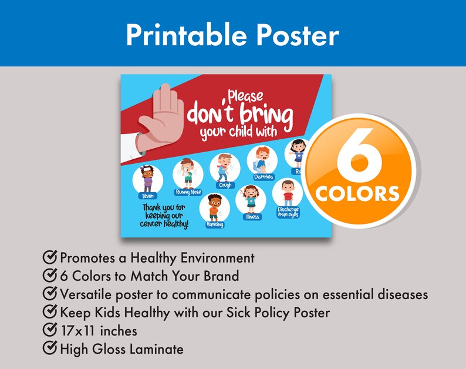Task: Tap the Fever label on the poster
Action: click(146, 196)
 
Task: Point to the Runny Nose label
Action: click(188, 192)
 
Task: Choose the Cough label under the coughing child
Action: click(225, 185)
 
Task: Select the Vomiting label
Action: click(215, 224)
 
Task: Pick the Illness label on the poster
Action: click(251, 217)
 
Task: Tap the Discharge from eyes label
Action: click(288, 212)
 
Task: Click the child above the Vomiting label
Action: click(215, 207)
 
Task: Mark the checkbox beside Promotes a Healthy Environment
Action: click(50, 257)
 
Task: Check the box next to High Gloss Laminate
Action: click(50, 349)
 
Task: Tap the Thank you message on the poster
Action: click(165, 216)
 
